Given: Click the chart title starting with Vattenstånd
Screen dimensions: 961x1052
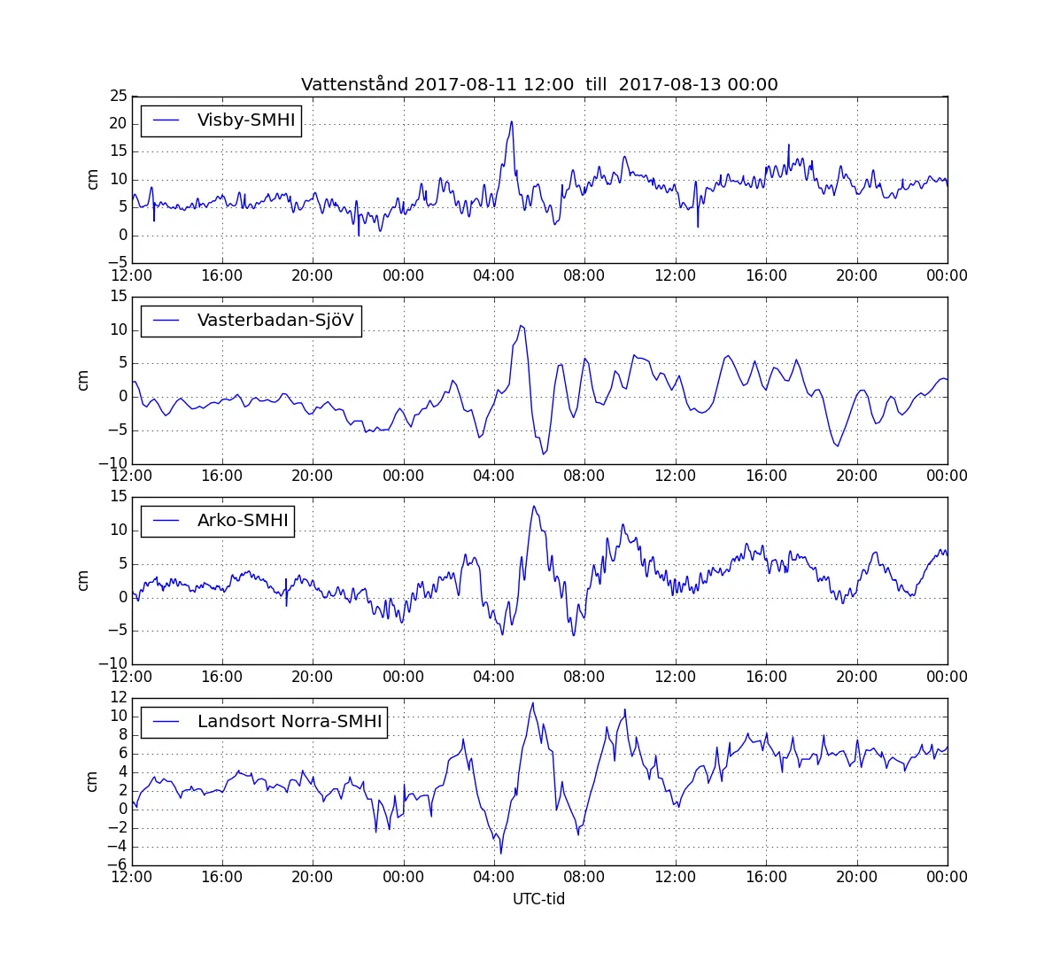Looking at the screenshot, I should (x=539, y=85).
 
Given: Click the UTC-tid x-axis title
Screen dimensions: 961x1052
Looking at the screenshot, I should (x=538, y=899).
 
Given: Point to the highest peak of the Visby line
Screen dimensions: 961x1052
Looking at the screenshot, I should (x=512, y=122).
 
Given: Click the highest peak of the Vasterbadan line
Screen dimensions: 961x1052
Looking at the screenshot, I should (x=522, y=325).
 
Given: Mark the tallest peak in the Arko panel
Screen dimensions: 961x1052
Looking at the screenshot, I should (x=533, y=506).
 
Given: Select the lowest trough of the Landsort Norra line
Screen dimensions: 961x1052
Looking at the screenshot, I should (x=501, y=854).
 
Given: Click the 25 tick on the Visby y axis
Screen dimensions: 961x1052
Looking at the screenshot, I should (x=118, y=96).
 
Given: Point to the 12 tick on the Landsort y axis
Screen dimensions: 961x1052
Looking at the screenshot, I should (x=118, y=698).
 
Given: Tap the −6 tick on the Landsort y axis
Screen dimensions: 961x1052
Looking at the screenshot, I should (x=114, y=865).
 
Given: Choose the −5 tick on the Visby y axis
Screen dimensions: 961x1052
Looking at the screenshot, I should (x=114, y=263).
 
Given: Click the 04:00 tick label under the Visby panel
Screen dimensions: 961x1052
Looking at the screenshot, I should (x=493, y=275).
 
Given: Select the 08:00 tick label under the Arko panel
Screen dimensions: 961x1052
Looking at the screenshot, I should (x=584, y=677).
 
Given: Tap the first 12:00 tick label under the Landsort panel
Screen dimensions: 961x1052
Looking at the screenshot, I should (x=131, y=877).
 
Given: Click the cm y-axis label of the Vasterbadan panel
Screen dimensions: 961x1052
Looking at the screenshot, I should (x=83, y=380).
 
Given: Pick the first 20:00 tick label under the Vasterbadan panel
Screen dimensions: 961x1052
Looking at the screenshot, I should (x=312, y=476).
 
